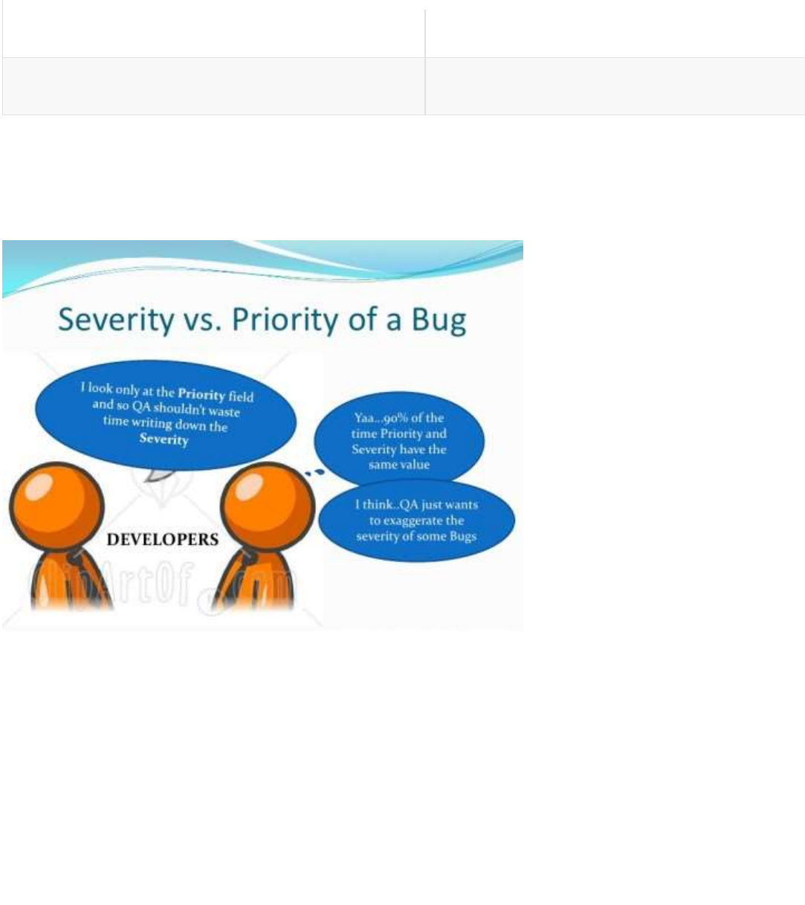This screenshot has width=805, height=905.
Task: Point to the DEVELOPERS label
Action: click(163, 539)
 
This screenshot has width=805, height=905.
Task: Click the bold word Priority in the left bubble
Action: click(201, 393)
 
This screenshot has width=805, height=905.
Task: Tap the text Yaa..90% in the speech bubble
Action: click(381, 418)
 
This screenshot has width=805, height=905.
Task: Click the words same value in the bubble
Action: click(399, 465)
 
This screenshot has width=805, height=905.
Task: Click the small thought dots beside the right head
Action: click(314, 471)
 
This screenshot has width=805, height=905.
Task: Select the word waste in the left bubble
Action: click(224, 411)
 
